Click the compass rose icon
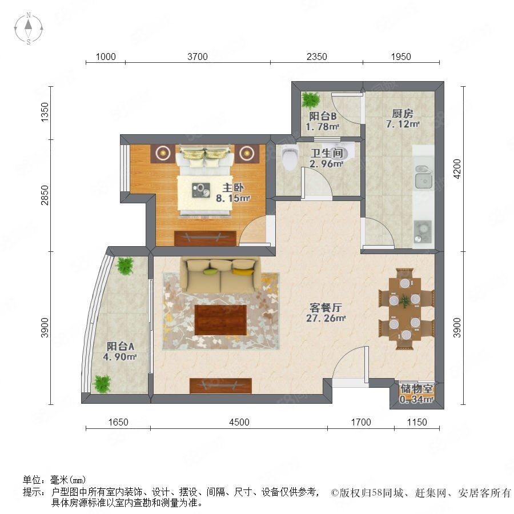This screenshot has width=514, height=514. pyautogui.click(x=29, y=29)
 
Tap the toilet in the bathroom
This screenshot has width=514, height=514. pyautogui.click(x=290, y=157)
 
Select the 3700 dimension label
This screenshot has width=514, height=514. pyautogui.click(x=198, y=57)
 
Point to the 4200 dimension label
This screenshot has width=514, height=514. pyautogui.click(x=457, y=168)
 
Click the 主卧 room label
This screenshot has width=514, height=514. pyautogui.click(x=233, y=187)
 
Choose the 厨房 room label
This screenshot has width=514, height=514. pyautogui.click(x=403, y=114)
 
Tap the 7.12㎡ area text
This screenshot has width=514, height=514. pyautogui.click(x=403, y=125)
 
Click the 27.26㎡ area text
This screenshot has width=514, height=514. pyautogui.click(x=326, y=318)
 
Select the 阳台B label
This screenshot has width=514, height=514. pyautogui.click(x=323, y=116)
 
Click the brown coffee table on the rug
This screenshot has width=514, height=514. pyautogui.click(x=220, y=320)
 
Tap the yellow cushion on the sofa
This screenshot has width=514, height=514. pyautogui.click(x=243, y=271)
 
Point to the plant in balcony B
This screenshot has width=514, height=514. pyautogui.click(x=311, y=99)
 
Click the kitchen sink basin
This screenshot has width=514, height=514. pyautogui.click(x=424, y=181)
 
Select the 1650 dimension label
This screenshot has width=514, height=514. pyautogui.click(x=118, y=422)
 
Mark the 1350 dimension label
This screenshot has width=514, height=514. pyautogui.click(x=44, y=113)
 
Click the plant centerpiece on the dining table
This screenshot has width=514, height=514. pyautogui.click(x=404, y=300)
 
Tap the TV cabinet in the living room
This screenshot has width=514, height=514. pyautogui.click(x=220, y=386)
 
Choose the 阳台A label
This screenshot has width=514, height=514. pyautogui.click(x=121, y=346)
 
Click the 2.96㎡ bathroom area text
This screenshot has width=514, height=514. pyautogui.click(x=327, y=163)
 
